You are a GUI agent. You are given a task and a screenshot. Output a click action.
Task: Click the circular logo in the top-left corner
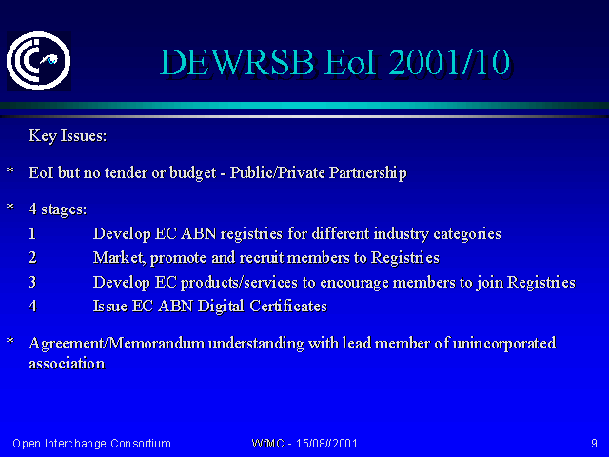38,61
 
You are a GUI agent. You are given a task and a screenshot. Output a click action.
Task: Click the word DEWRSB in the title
237,62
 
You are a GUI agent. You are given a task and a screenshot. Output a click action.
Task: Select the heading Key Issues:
68,136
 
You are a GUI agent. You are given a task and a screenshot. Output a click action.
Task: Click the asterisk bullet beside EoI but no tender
10,170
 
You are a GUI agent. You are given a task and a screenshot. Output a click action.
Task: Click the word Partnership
368,173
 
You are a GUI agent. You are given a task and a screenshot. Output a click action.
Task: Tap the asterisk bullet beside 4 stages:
10,207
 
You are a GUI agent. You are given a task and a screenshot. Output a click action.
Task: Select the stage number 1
32,233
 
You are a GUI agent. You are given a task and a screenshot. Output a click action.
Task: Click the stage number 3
32,282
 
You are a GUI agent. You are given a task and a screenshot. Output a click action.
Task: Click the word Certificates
288,307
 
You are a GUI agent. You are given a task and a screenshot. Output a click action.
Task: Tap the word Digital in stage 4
221,307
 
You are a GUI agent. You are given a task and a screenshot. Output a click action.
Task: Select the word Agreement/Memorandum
116,344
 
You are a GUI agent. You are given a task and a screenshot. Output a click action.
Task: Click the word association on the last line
67,364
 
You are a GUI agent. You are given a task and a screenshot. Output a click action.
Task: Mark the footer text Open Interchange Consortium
91,444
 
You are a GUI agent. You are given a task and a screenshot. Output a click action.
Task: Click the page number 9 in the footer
594,444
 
